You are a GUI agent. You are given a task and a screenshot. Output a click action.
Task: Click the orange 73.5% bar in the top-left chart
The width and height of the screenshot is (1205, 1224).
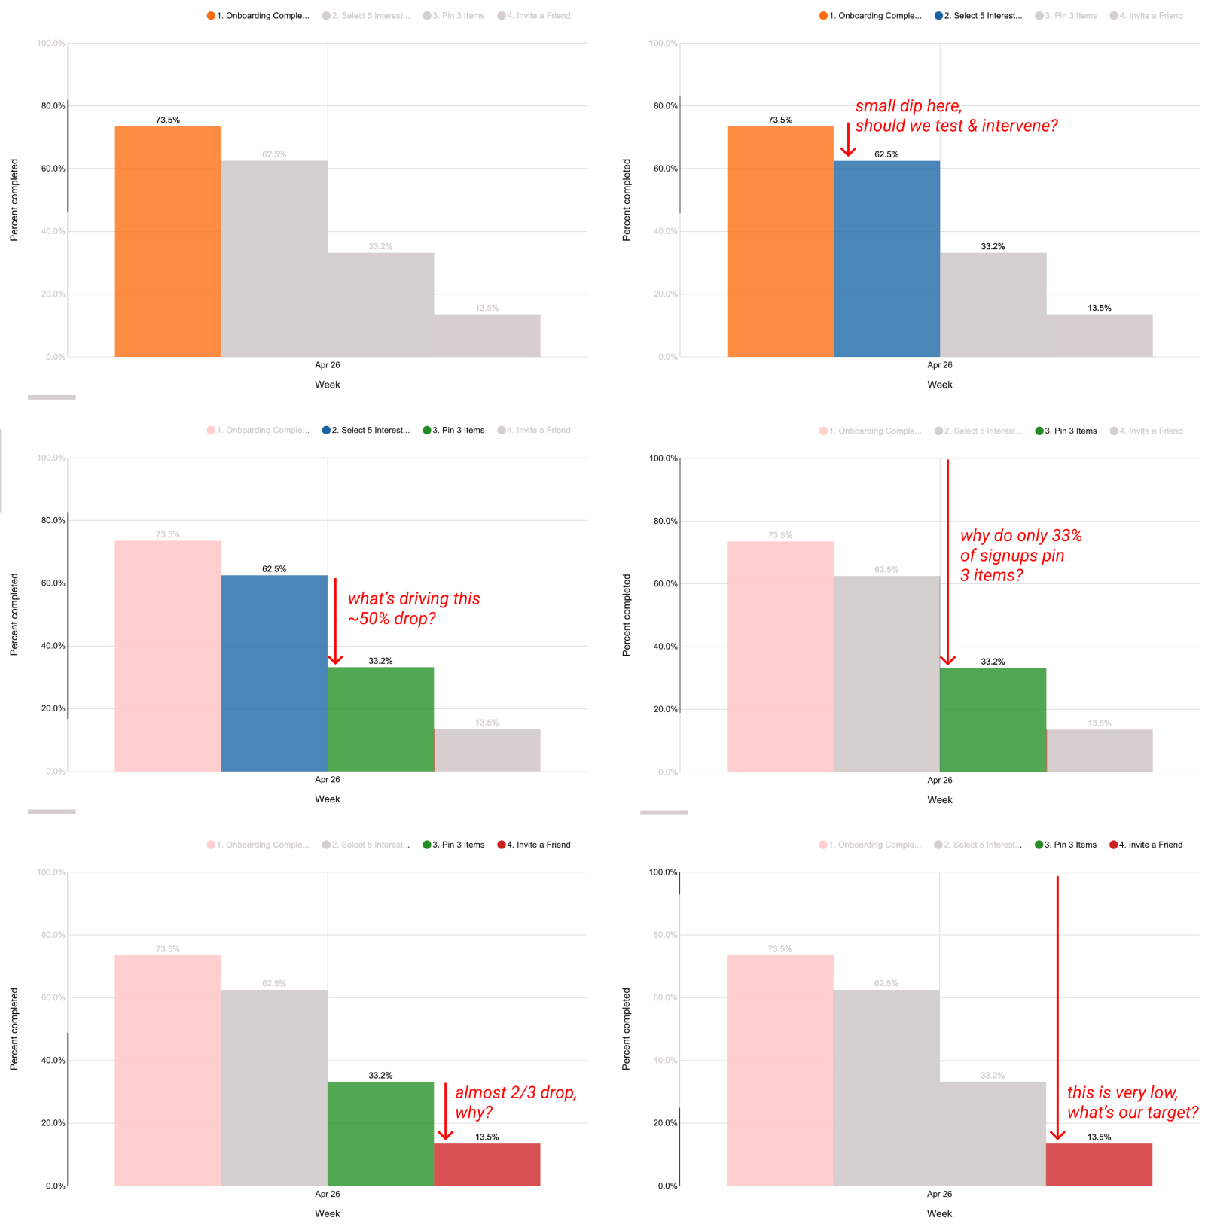pyautogui.click(x=168, y=241)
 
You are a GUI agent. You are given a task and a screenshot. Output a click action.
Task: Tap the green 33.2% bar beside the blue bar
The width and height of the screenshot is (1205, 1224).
pyautogui.click(x=380, y=719)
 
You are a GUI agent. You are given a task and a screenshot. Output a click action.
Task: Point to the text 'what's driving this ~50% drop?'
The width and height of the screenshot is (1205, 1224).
pyautogui.click(x=413, y=608)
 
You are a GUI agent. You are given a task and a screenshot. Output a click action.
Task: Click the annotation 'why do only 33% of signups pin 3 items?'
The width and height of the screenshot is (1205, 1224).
pyautogui.click(x=1020, y=556)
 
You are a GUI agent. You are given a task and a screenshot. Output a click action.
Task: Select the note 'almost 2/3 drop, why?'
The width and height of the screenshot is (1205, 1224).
pyautogui.click(x=515, y=1102)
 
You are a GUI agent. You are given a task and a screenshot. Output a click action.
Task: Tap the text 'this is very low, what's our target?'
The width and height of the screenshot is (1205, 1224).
pyautogui.click(x=1131, y=1102)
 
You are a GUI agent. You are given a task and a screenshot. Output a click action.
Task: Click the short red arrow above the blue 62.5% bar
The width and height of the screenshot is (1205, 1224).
pyautogui.click(x=848, y=140)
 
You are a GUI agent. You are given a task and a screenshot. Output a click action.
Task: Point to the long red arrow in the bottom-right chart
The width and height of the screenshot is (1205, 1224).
pyautogui.click(x=1057, y=1009)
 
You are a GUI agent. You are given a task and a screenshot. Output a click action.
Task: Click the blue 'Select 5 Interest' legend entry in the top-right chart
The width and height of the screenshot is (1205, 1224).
pyautogui.click(x=978, y=15)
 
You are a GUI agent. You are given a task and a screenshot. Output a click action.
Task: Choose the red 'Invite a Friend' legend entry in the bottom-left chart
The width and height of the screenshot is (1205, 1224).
pyautogui.click(x=534, y=845)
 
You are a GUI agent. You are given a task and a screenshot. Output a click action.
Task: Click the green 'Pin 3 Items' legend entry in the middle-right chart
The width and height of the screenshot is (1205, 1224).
pyautogui.click(x=1066, y=431)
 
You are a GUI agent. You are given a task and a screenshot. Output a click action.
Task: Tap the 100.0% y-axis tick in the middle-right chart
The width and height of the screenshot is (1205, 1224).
pyautogui.click(x=663, y=458)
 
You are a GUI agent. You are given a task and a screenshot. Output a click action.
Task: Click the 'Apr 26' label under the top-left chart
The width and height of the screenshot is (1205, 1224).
pyautogui.click(x=327, y=365)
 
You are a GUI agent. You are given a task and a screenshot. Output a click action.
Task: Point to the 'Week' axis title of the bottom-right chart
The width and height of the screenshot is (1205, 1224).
pyautogui.click(x=939, y=1213)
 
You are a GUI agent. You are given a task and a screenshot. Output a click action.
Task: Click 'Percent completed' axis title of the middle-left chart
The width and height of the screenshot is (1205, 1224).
pyautogui.click(x=14, y=614)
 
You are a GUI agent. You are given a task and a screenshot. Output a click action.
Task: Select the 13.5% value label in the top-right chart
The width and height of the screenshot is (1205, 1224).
pyautogui.click(x=1099, y=308)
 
